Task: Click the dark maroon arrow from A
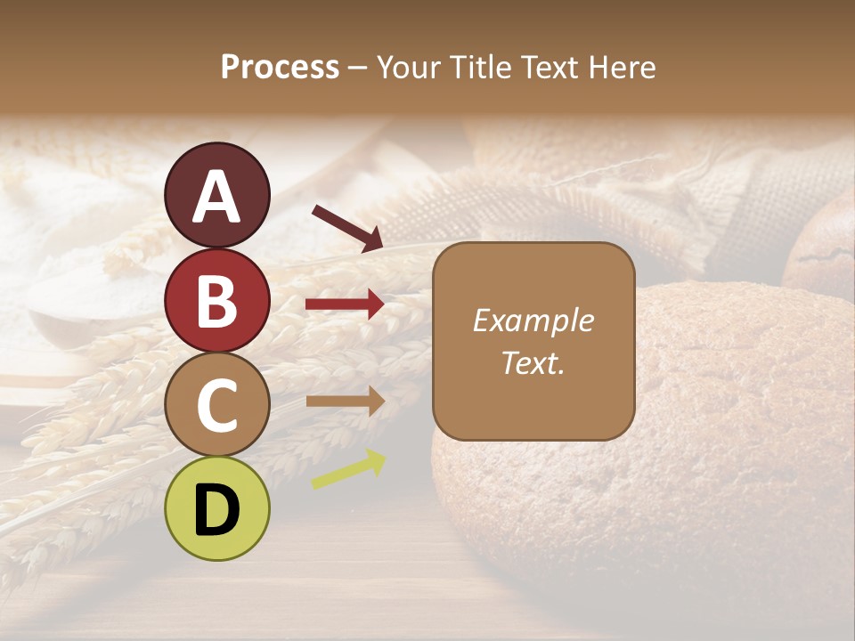point(347,227)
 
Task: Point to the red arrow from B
point(345,304)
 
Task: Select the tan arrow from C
point(345,402)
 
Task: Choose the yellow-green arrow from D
point(348,470)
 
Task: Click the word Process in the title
point(280,68)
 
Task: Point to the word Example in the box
point(533,320)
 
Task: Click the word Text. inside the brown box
point(533,362)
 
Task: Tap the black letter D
point(216,510)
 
